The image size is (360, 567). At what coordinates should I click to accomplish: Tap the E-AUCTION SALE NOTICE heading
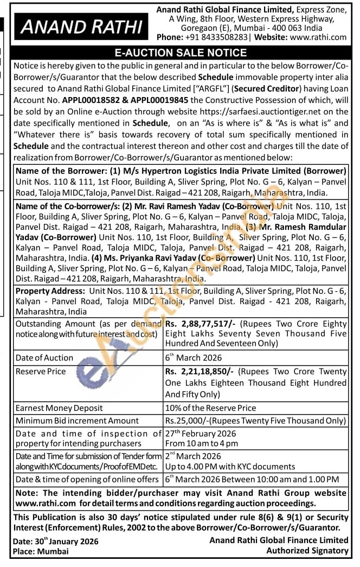(180, 53)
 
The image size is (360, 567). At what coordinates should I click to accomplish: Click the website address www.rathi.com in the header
(318, 37)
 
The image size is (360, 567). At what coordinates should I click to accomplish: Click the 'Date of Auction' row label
(44, 358)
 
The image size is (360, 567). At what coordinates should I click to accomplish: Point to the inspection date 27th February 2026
(198, 434)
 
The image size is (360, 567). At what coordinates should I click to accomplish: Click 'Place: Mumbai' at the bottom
(41, 551)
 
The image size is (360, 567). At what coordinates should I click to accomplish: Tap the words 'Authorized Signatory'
(307, 551)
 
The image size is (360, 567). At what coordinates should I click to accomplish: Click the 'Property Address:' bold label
(50, 291)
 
